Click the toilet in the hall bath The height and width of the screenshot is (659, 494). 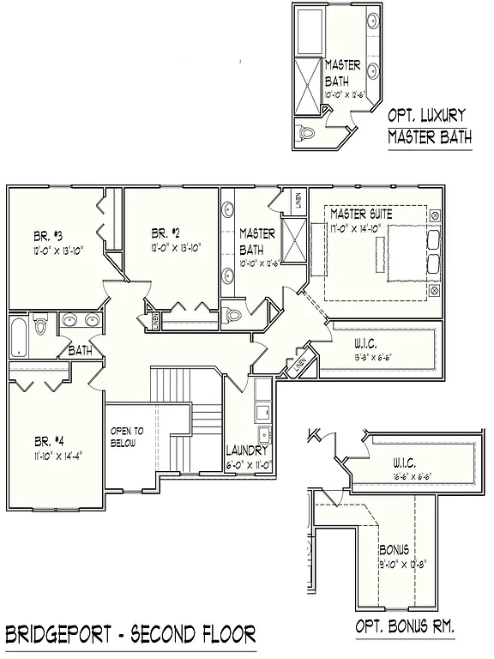point(39,325)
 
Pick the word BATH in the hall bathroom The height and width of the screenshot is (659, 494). point(80,350)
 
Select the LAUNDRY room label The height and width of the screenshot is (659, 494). point(248,450)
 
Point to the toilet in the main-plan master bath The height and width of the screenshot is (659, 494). point(233,315)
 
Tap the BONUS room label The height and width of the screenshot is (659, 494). point(394,549)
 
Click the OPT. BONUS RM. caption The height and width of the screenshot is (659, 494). point(405,627)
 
